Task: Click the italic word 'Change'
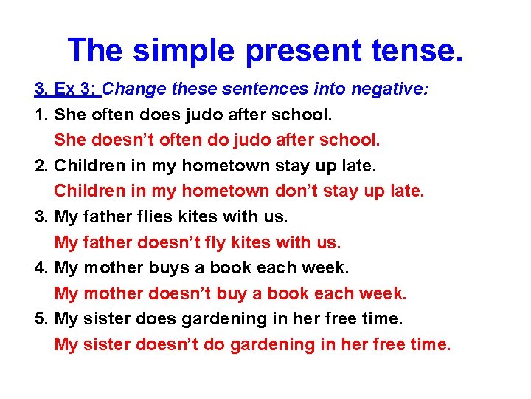pyautogui.click(x=135, y=90)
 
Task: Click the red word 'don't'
pyautogui.click(x=300, y=191)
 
